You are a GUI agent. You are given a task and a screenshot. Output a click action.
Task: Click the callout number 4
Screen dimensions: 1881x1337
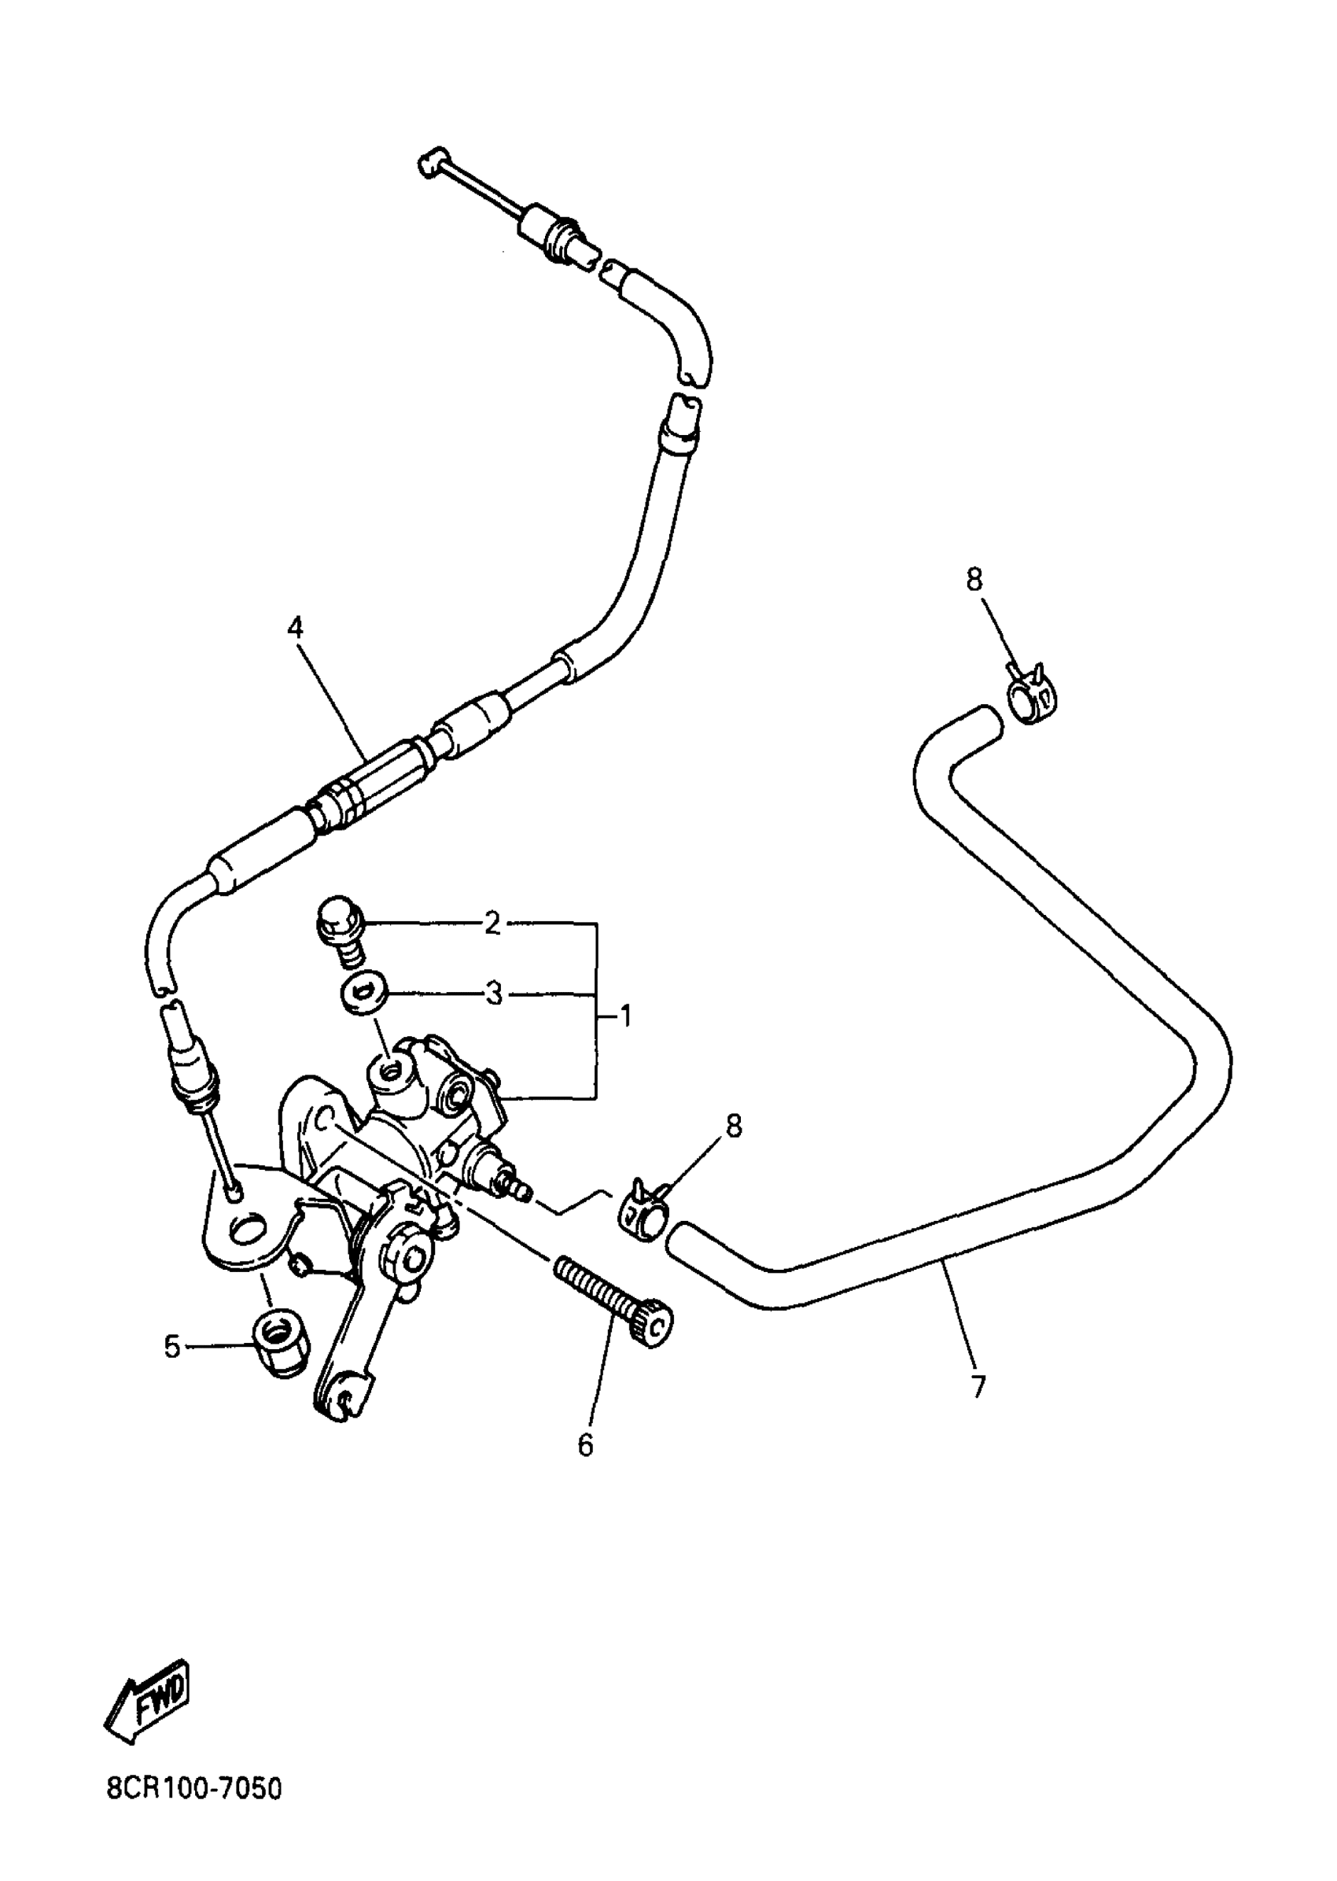tap(295, 629)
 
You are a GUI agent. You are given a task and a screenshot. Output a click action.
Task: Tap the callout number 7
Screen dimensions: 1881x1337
tap(978, 1387)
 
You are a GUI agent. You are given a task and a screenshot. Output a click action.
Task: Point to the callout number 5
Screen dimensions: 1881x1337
tap(172, 1348)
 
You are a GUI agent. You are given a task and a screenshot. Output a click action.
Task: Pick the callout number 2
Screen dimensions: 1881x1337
tap(492, 924)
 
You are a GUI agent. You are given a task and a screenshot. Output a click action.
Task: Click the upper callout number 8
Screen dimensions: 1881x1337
tap(974, 580)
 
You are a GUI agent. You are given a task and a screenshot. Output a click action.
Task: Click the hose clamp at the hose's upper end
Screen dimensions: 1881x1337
tap(1029, 697)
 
